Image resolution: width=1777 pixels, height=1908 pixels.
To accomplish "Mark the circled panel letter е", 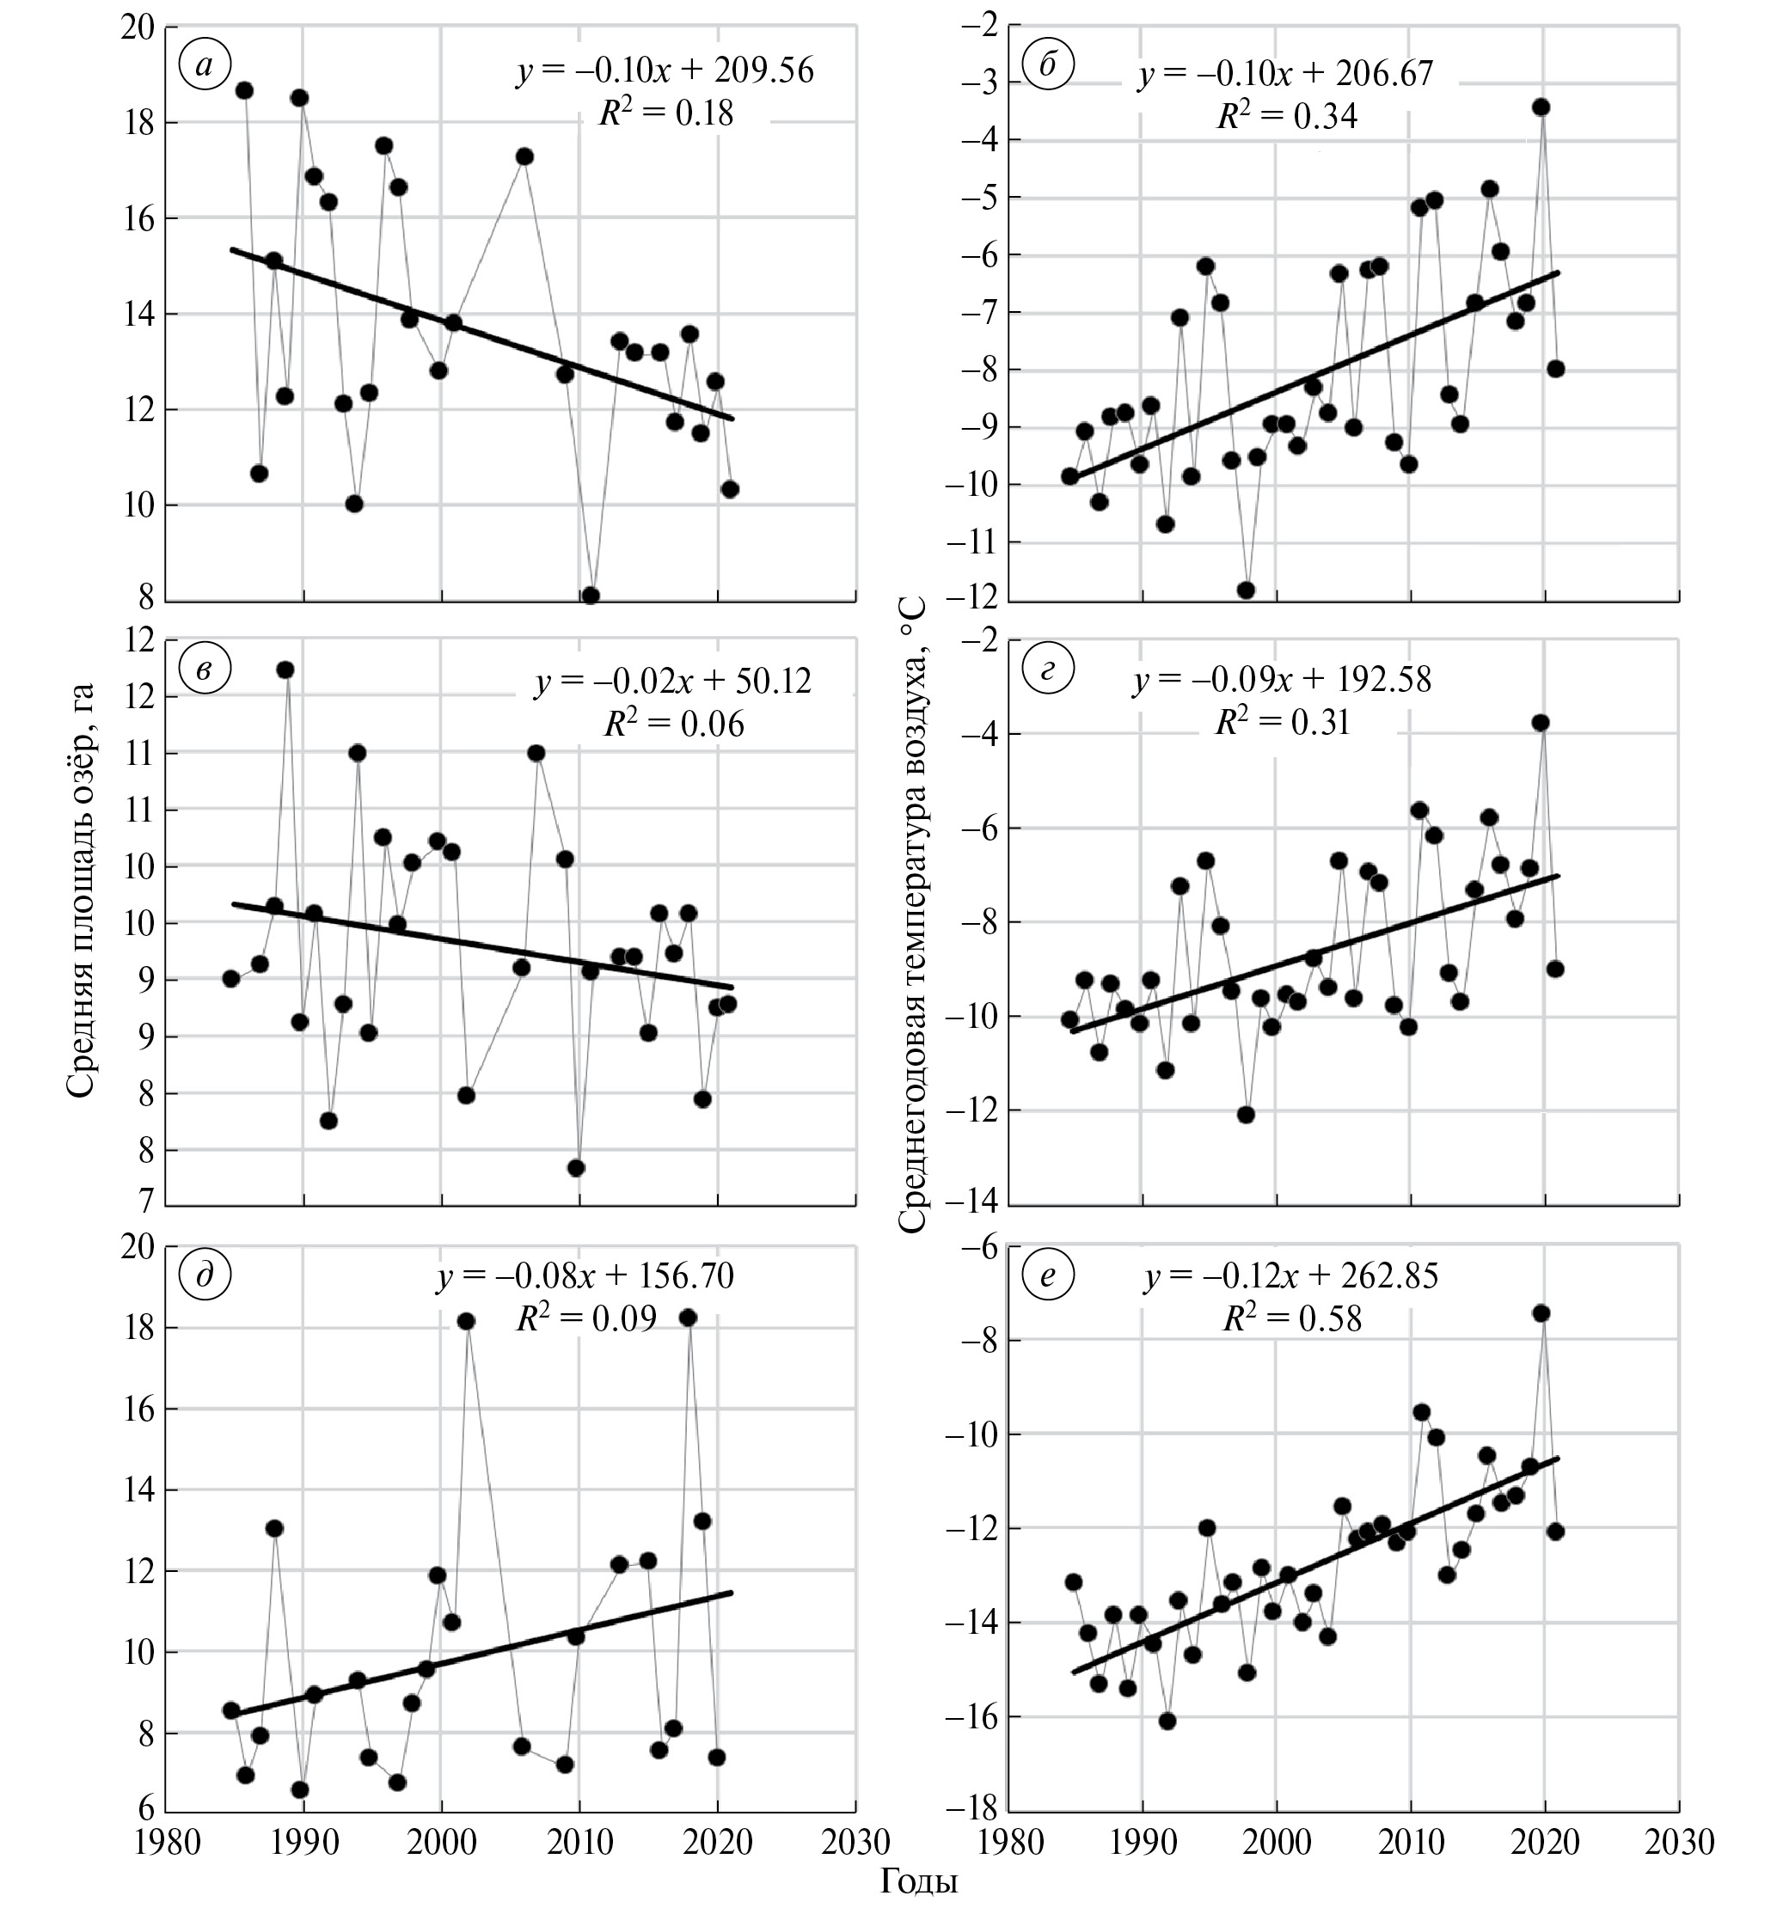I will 1047,1275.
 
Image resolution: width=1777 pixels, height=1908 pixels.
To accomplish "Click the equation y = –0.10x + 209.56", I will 665,71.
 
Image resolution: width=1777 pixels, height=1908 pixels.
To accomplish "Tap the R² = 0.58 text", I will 1291,1318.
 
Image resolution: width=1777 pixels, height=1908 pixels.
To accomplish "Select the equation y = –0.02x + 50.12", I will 673,681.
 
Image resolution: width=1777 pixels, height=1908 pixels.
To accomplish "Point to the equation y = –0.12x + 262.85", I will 1291,1275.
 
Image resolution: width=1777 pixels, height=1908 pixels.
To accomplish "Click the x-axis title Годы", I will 919,1880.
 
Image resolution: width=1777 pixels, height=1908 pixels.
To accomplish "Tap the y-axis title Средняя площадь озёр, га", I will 83,890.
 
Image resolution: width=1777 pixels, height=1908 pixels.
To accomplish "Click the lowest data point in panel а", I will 591,596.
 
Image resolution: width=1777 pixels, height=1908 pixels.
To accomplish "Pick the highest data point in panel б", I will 1541,107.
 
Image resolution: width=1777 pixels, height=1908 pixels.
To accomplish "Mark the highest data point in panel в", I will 285,670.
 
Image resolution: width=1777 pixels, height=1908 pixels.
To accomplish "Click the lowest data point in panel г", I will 1246,1114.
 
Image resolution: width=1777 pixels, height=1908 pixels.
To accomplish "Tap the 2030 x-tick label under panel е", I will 1678,1842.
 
